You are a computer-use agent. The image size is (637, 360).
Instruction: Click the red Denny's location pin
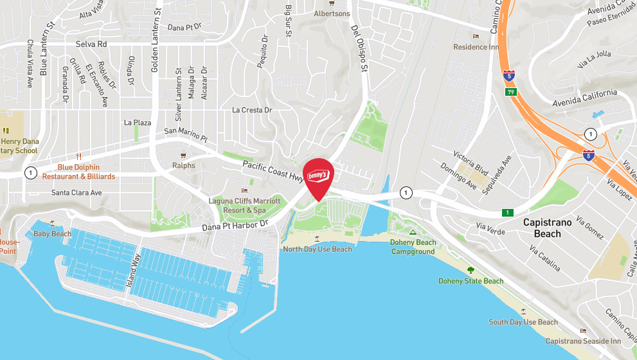pyautogui.click(x=318, y=175)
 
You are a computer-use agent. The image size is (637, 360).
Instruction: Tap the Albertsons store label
pyautogui.click(x=332, y=14)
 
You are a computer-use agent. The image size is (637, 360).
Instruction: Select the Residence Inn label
pyautogui.click(x=476, y=47)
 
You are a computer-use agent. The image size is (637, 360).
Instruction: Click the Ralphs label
pyautogui.click(x=184, y=165)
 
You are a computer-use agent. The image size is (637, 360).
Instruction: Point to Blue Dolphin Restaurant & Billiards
pyautogui.click(x=78, y=172)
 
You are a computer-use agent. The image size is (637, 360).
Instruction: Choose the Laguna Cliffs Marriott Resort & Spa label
pyautogui.click(x=245, y=205)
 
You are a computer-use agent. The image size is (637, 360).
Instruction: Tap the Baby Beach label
pyautogui.click(x=53, y=234)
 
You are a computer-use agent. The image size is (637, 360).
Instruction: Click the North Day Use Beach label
pyautogui.click(x=318, y=249)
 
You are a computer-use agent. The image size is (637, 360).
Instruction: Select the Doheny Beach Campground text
pyautogui.click(x=413, y=247)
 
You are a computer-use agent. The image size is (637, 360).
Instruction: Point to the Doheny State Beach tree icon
pyautogui.click(x=471, y=271)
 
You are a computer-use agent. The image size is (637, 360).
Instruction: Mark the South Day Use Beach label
pyautogui.click(x=523, y=322)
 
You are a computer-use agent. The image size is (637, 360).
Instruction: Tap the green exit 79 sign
pyautogui.click(x=509, y=92)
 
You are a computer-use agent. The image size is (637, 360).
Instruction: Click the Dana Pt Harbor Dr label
pyautogui.click(x=235, y=226)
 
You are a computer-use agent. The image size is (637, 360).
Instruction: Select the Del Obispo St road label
pyautogui.click(x=358, y=48)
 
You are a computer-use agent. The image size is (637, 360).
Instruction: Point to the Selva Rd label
pyautogui.click(x=90, y=44)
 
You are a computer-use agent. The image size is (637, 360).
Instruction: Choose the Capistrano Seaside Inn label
pyautogui.click(x=583, y=341)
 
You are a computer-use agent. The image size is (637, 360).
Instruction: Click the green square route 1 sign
pyautogui.click(x=508, y=213)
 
